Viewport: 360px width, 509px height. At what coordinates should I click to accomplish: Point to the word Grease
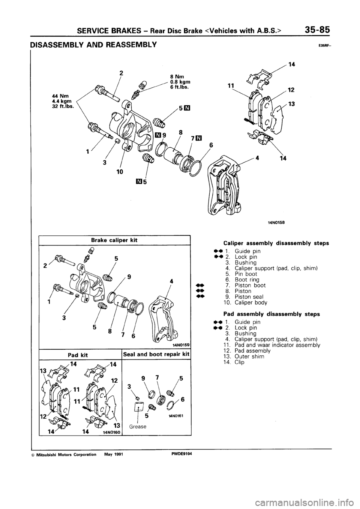point(137,427)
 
